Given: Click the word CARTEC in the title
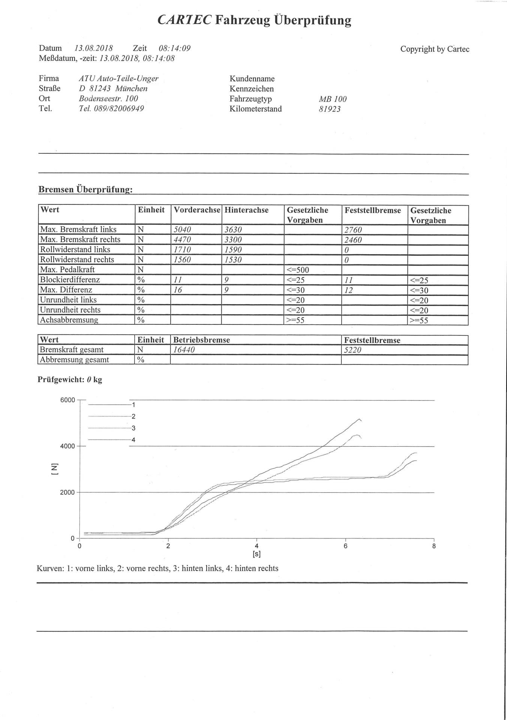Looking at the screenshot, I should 184,19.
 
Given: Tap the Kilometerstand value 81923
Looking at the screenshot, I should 330,109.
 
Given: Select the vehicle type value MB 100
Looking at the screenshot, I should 333,99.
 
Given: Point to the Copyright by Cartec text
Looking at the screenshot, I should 435,49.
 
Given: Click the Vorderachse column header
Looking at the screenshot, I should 197,210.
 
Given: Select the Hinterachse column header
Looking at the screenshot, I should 246,210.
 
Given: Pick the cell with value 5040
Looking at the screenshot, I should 183,229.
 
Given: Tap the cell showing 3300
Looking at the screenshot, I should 233,240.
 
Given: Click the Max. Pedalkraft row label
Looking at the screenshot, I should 67,270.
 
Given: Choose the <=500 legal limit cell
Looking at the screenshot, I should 298,270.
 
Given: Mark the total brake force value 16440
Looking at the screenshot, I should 184,350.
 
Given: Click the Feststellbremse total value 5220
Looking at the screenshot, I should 353,350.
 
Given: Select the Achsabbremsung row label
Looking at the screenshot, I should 69,320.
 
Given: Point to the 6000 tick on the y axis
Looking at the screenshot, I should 68,400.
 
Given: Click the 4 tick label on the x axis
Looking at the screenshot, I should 257,546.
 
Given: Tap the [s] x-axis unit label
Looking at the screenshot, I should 257,554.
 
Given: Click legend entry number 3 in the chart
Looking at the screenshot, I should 133,428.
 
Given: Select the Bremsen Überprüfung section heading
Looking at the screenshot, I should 85,189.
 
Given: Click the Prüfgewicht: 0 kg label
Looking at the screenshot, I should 70,379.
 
